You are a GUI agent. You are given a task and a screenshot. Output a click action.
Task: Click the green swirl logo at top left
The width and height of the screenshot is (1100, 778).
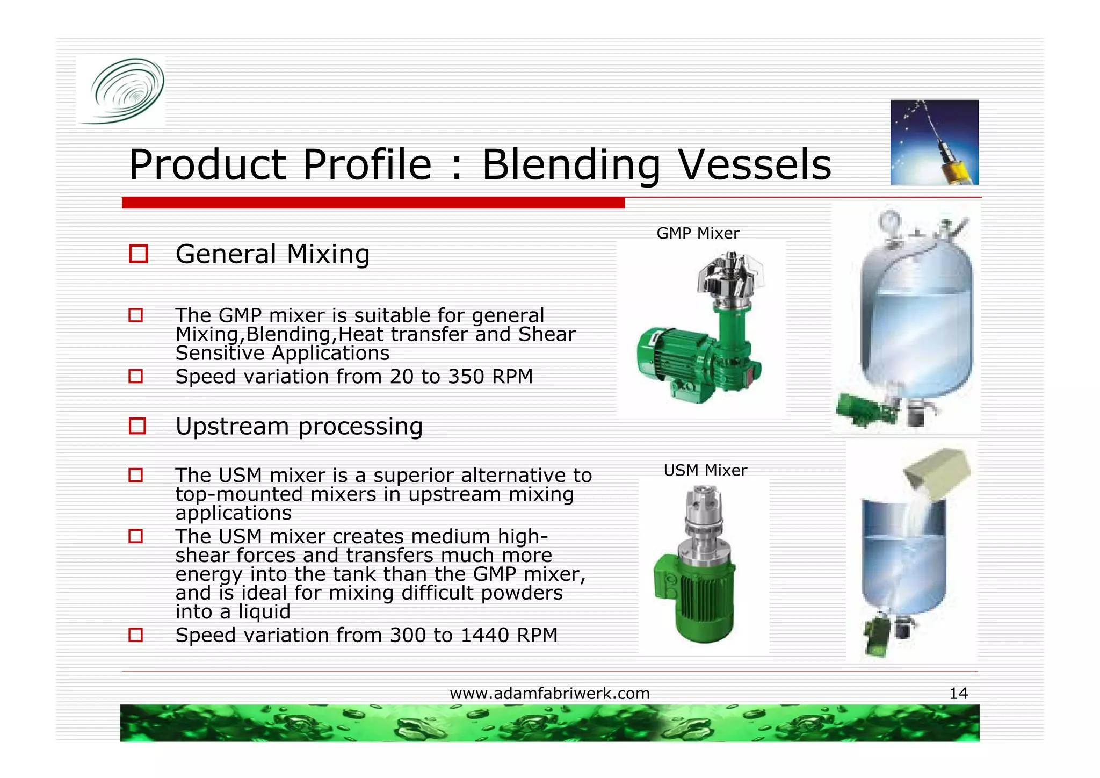[127, 90]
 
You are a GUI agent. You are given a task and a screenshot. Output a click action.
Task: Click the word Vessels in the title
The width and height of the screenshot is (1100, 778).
[755, 165]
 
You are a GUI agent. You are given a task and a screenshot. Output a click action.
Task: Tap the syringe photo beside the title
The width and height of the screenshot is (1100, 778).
[934, 142]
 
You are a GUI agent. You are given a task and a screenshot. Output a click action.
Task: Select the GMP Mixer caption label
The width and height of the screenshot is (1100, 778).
[698, 233]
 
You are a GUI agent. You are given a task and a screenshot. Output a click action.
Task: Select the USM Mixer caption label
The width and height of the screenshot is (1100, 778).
[705, 470]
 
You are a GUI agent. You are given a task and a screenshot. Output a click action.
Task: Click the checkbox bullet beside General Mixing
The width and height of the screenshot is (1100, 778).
[138, 254]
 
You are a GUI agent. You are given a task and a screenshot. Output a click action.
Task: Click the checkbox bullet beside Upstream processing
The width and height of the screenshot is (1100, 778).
[137, 426]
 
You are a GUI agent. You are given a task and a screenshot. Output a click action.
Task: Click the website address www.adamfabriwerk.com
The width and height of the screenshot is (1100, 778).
[549, 694]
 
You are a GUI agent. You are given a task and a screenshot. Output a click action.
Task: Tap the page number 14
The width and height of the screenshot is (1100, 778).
[958, 694]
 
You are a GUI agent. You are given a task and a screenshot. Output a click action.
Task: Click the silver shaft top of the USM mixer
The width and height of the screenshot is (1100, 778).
[704, 510]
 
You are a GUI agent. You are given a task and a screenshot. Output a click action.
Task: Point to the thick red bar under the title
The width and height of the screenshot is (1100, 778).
[373, 203]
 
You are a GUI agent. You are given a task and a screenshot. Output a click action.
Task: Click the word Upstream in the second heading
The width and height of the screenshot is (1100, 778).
[232, 427]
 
